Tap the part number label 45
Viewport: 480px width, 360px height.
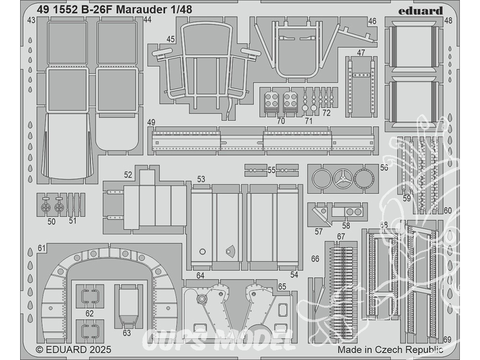point(170,39)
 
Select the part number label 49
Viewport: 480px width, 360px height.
point(152,123)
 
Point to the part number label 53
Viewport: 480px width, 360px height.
point(201,179)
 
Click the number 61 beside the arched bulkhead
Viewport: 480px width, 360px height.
point(42,248)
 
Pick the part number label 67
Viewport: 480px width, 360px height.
point(341,236)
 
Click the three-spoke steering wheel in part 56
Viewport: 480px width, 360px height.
point(343,179)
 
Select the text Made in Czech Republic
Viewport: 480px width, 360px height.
point(390,350)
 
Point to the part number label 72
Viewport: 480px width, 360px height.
point(326,113)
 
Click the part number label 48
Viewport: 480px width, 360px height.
point(448,21)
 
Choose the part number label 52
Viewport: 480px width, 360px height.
point(128,175)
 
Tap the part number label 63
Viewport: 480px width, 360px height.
point(126,333)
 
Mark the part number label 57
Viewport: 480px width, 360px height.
point(319,232)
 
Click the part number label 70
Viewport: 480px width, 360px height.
point(281,121)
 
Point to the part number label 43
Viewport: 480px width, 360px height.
point(31,20)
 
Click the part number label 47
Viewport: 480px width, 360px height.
point(361,52)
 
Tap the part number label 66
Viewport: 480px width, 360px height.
point(315,259)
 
